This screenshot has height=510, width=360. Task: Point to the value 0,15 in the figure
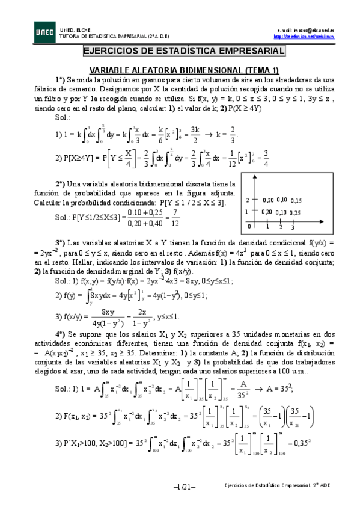point(294,200)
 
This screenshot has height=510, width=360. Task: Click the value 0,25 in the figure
point(294,212)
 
